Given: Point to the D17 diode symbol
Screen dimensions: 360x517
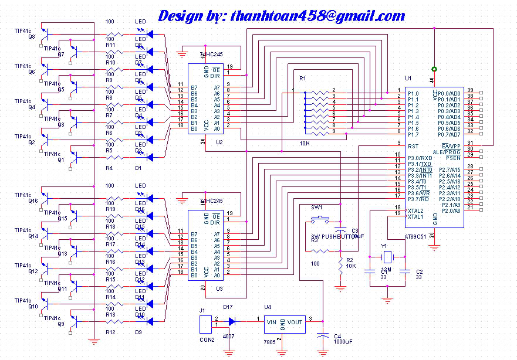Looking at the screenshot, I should [x=233, y=321].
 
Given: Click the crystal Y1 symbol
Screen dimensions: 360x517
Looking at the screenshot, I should [x=387, y=256].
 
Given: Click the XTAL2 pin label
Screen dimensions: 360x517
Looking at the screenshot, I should [x=415, y=210].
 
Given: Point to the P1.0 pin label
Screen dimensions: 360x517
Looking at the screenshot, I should [x=414, y=93].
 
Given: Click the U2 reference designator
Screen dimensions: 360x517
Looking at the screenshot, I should [x=219, y=143].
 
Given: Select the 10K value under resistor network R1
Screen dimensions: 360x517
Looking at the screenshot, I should [x=305, y=143].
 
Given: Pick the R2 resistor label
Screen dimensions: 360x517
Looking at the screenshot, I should [x=350, y=259].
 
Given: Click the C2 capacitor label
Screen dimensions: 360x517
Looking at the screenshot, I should [x=419, y=271].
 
